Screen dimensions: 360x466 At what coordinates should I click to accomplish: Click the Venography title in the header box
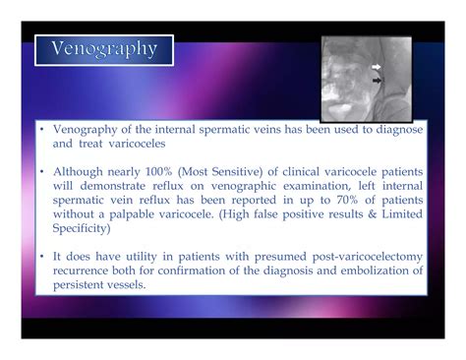click(104, 49)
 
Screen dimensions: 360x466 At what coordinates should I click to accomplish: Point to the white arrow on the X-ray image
click(377, 67)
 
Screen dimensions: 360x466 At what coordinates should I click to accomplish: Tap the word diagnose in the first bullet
click(398, 128)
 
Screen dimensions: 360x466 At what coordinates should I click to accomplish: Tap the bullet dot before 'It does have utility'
click(41, 257)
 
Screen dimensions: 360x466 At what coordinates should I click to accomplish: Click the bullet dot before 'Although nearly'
click(41, 172)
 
